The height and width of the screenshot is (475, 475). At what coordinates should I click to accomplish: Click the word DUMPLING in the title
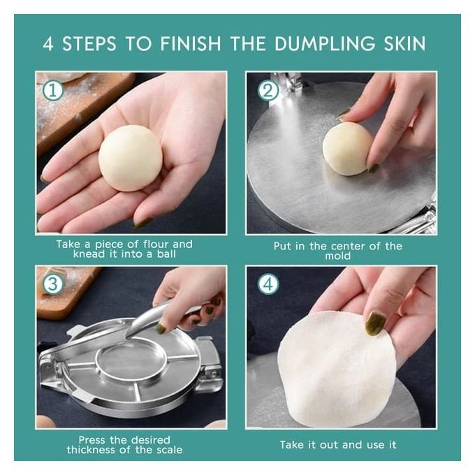[325, 43]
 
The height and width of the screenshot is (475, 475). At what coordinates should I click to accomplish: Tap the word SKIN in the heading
[404, 43]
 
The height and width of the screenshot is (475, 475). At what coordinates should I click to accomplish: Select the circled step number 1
[53, 90]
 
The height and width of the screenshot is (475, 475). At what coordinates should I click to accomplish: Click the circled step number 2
[268, 90]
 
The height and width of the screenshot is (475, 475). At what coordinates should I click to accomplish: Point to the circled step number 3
[53, 284]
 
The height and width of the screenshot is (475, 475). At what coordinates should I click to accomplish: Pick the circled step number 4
[268, 284]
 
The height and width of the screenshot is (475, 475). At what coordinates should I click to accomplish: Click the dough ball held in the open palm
[131, 158]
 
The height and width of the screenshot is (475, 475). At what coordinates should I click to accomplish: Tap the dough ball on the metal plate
[347, 148]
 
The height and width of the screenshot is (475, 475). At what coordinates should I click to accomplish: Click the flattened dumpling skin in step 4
[336, 368]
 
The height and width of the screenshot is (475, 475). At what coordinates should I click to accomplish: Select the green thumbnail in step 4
[375, 323]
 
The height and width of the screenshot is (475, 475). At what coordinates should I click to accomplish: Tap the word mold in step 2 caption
[338, 256]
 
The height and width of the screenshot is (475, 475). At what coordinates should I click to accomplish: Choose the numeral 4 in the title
[48, 43]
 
